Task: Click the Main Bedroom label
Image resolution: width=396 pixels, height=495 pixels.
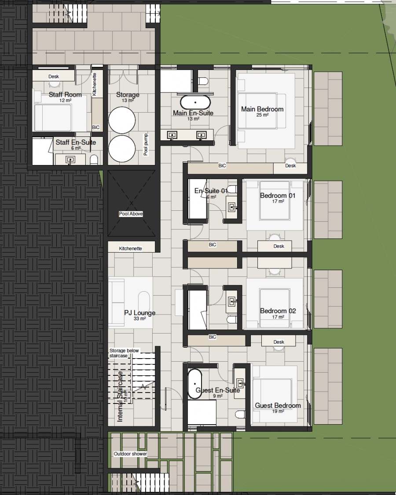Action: pos(262,109)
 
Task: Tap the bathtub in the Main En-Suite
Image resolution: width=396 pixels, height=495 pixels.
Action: pos(195,102)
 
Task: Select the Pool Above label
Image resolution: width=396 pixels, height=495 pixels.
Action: pos(131,214)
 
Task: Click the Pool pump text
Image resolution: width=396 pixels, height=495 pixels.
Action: pos(146,145)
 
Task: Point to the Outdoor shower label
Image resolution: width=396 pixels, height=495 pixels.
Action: pos(130,454)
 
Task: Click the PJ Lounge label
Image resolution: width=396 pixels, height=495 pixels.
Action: pos(139,313)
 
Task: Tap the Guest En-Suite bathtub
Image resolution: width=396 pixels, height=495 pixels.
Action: pos(195,384)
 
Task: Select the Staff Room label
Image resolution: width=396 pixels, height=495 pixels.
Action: pos(65,95)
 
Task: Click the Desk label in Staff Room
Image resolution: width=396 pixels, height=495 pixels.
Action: pos(54,77)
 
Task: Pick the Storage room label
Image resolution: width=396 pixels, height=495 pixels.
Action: pos(128,95)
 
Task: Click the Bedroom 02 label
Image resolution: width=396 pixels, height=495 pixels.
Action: pos(278,311)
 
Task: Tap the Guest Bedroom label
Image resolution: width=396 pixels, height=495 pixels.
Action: pos(278,405)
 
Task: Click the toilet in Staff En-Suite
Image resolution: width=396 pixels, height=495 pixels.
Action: pos(94,160)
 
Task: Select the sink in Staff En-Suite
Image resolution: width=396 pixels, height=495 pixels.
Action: pos(70,160)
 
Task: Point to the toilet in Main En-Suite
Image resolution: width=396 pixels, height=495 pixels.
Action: pos(204,81)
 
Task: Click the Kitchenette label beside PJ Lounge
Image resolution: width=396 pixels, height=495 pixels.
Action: pos(130,249)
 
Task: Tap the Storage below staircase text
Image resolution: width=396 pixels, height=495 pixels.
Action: pos(124,353)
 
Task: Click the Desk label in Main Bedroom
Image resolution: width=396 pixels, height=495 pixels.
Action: pos(290,165)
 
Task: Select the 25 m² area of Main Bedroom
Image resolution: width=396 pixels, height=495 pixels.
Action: pos(262,115)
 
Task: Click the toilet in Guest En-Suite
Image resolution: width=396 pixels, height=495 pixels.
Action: pos(240,414)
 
